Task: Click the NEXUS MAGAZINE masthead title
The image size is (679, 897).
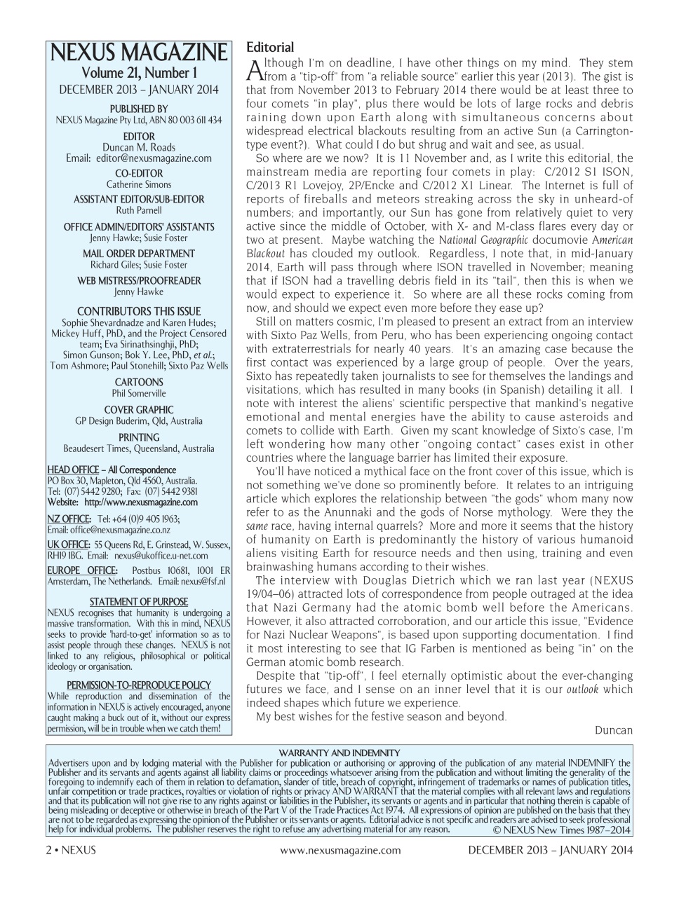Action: (138, 53)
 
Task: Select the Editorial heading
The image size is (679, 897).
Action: (270, 48)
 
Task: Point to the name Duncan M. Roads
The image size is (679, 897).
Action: (138, 148)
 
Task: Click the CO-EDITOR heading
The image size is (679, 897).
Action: (138, 174)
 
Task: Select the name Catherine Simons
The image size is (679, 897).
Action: (138, 184)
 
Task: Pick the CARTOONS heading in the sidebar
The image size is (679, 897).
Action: (138, 383)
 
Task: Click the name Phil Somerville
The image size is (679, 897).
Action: (138, 394)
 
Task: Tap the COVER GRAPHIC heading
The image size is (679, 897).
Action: (138, 410)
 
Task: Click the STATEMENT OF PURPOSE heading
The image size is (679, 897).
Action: (138, 601)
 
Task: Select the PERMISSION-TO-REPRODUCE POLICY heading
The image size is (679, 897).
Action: (138, 685)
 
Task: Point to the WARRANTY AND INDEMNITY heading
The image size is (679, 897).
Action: (339, 753)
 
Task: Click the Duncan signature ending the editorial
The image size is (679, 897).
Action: (613, 730)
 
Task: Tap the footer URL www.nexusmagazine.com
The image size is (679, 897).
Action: (340, 850)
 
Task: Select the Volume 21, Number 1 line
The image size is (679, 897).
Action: (138, 74)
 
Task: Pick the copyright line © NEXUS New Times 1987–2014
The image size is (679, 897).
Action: (560, 830)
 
